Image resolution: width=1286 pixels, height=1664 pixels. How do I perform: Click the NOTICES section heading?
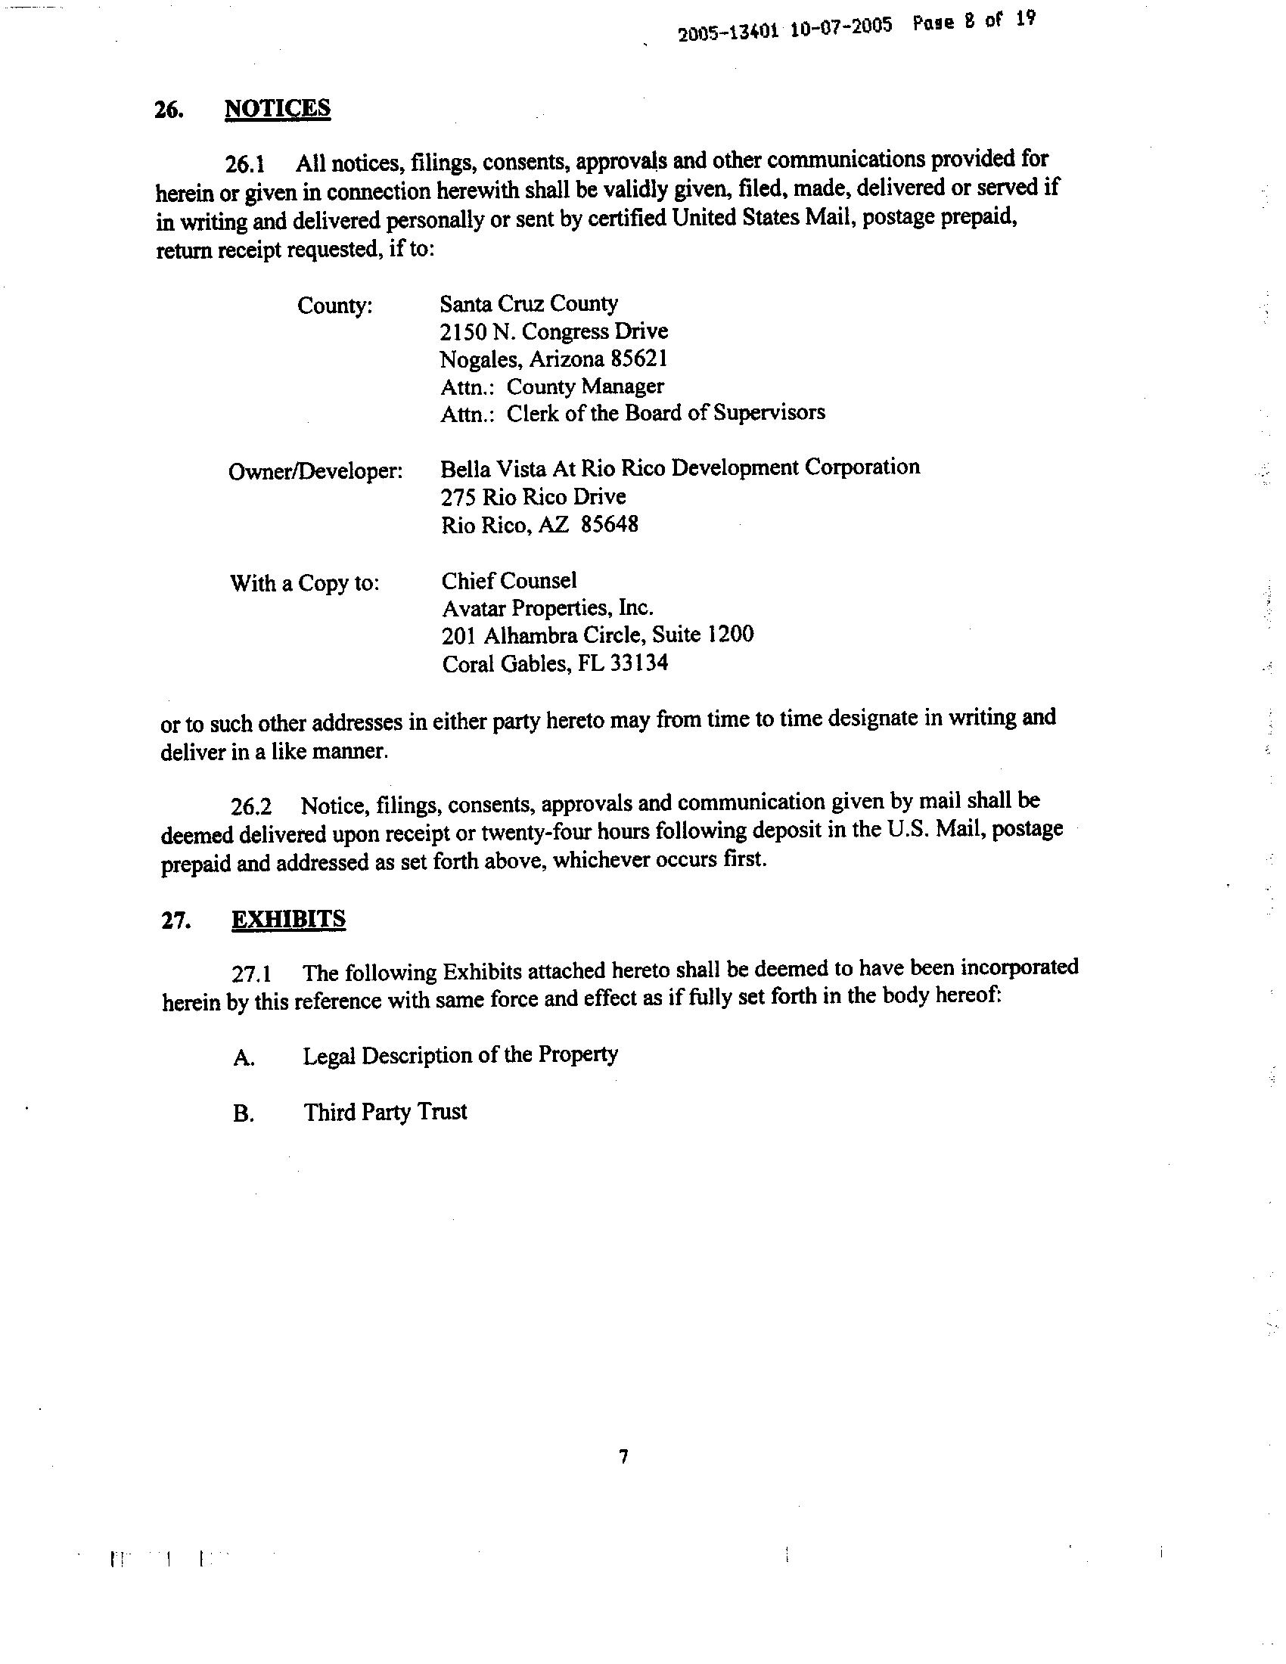click(278, 108)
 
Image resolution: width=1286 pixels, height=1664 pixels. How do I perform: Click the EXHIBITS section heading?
click(288, 920)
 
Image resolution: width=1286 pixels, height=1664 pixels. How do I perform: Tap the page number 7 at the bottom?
click(624, 1457)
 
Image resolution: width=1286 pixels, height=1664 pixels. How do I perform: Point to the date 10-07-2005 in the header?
click(841, 27)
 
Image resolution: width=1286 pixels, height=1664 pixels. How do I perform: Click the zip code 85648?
click(610, 525)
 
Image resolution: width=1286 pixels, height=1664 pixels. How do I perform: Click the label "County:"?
click(335, 306)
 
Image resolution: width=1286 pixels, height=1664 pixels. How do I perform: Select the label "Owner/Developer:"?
click(315, 472)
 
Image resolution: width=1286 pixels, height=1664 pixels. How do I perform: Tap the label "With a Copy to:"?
click(305, 584)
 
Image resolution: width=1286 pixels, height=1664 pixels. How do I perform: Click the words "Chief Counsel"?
click(509, 581)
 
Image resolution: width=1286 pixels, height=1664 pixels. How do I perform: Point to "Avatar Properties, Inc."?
click(547, 608)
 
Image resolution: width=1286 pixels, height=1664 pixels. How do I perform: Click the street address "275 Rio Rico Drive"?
click(533, 497)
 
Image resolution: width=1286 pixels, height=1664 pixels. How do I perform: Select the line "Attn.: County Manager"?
click(551, 387)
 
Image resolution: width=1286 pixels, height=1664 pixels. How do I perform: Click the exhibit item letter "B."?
click(243, 1115)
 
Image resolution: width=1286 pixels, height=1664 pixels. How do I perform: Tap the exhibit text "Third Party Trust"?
click(386, 1112)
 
